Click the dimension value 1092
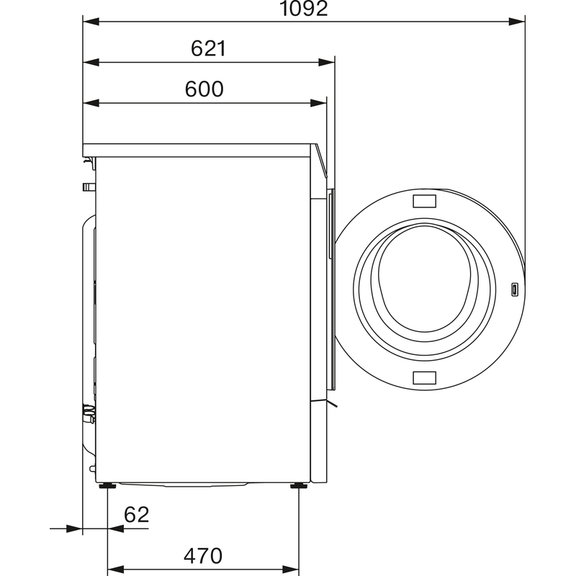pos(303,9)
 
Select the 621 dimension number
pos(208,48)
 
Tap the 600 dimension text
pos(204,89)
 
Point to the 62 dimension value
pos(137,515)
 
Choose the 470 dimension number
pos(203,556)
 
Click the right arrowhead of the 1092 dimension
pos(516,22)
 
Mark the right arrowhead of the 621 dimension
pos(327,63)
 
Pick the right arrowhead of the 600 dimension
pos(318,103)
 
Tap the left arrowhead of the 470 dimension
pos(115,570)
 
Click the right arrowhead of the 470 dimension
pos(291,570)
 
